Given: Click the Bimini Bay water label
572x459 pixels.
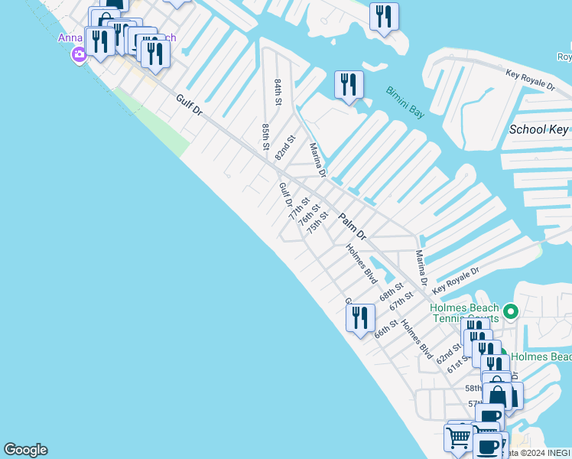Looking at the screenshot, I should (x=405, y=102).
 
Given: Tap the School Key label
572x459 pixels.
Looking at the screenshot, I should (x=539, y=129).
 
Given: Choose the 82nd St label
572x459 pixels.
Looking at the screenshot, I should (x=284, y=148).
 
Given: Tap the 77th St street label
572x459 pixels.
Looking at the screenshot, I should (x=299, y=208).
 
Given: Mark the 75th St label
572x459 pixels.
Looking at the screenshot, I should (x=318, y=224).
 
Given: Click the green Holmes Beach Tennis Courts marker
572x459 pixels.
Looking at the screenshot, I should (x=512, y=311).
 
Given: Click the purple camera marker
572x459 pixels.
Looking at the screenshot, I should (x=78, y=54).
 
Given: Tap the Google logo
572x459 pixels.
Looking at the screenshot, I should (x=25, y=450).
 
